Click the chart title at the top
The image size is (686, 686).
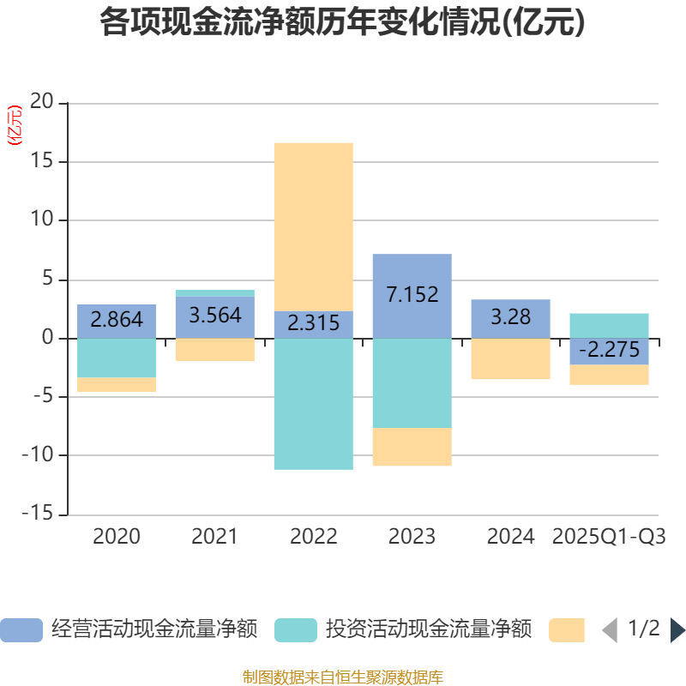[x=342, y=23]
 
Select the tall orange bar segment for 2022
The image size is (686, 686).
[x=313, y=226]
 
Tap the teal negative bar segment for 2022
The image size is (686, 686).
[x=313, y=404]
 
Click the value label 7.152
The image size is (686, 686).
[x=412, y=295]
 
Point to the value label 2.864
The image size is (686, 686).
[x=117, y=320]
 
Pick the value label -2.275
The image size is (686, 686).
[x=609, y=351]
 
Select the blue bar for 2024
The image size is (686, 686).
[x=510, y=318]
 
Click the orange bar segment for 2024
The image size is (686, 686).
[x=510, y=359]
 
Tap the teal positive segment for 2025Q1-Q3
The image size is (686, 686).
[x=609, y=325]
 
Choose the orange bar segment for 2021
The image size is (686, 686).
[x=214, y=350]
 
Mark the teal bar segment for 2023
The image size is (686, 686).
[x=412, y=383]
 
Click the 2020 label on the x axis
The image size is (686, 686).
[x=117, y=537]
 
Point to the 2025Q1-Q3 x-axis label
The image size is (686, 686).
[x=609, y=537]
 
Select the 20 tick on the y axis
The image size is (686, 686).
[x=42, y=103]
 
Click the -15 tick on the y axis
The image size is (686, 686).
[x=38, y=514]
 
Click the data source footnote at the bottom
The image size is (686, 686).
[x=342, y=677]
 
